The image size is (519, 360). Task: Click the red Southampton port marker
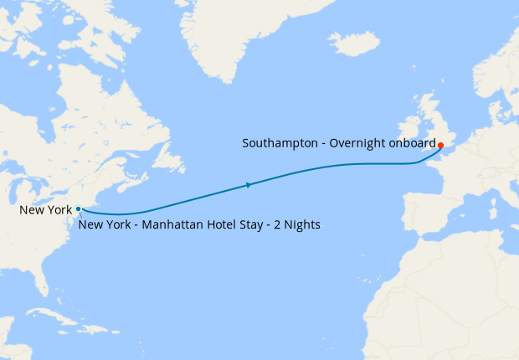tap(440, 145)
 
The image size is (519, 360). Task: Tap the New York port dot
tap(78, 208)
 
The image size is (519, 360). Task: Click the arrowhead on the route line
tap(249, 184)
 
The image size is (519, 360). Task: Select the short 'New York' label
tap(45, 209)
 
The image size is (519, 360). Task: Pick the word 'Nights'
tap(300, 224)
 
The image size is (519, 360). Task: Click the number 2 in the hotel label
tap(272, 224)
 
